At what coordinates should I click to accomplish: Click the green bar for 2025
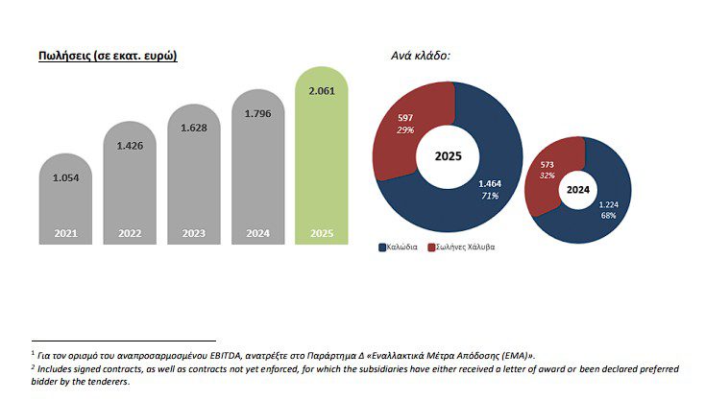tap(321, 163)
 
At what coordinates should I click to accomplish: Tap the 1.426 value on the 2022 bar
tap(130, 146)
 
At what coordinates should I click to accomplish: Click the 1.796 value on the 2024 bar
tap(257, 113)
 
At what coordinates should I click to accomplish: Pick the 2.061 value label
tap(322, 91)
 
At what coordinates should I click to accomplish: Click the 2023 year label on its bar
tap(193, 233)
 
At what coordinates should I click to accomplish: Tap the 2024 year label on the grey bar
tap(257, 233)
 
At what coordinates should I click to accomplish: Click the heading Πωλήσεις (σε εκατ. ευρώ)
tap(107, 56)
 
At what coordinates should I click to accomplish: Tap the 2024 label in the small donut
tap(578, 189)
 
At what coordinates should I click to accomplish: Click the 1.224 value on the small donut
tap(609, 204)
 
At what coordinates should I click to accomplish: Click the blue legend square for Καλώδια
tap(383, 247)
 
